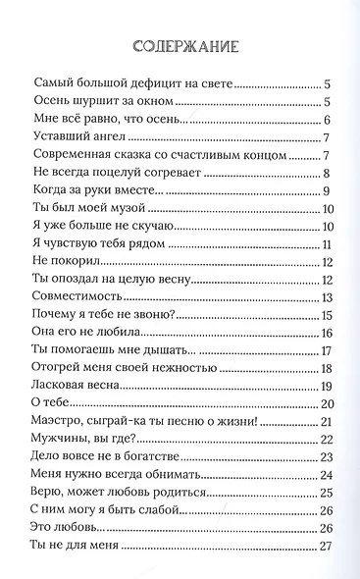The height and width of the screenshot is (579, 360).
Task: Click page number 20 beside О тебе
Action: coord(328,405)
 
